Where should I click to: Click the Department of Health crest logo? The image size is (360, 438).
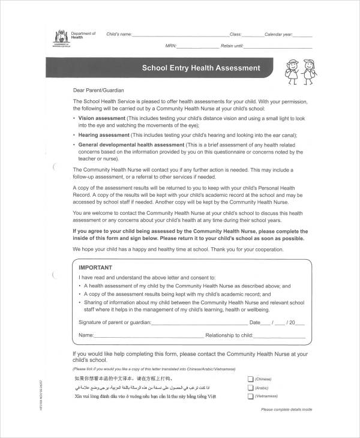coord(60,35)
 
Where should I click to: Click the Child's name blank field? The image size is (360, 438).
coord(180,35)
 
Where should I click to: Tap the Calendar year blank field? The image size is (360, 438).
coord(304,35)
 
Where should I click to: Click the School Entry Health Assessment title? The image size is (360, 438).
coord(200,68)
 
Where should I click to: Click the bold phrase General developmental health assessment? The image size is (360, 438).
coord(131,145)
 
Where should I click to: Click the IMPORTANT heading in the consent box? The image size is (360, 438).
coord(96,268)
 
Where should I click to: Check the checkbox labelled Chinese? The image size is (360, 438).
coord(250,379)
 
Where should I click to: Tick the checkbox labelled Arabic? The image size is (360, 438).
coord(250,388)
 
